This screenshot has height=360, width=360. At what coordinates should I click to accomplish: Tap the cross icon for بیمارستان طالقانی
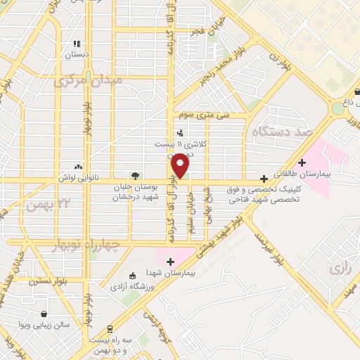point(302,162)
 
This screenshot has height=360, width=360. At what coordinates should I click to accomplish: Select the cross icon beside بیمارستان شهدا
point(169,262)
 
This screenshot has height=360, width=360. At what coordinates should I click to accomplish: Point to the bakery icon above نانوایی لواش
point(78,167)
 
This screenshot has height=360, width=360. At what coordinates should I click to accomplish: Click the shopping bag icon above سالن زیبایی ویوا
point(45,314)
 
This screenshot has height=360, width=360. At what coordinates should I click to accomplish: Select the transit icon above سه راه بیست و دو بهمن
point(110,328)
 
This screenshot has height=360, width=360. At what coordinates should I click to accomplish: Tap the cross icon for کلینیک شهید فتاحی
point(264,179)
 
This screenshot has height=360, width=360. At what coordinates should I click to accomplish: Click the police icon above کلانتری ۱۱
point(181,132)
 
